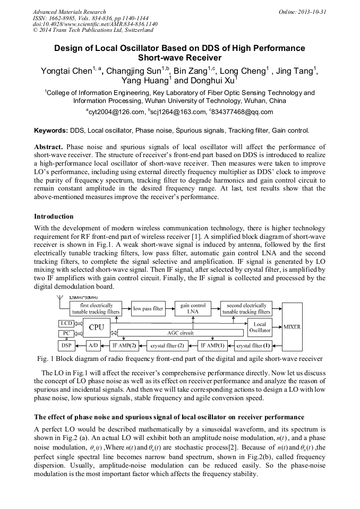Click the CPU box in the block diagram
pyautogui.click(x=96, y=327)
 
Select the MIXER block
pyautogui.click(x=292, y=326)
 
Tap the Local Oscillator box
pyautogui.click(x=260, y=327)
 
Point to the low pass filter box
pyautogui.click(x=148, y=308)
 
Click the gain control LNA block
pyautogui.click(x=193, y=308)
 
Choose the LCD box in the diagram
pyautogui.click(x=66, y=323)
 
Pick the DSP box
pyautogui.click(x=66, y=346)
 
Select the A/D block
pyautogui.click(x=93, y=346)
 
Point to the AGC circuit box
pyautogui.click(x=181, y=333)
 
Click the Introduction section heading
pyautogui.click(x=54, y=217)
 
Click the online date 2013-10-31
pyautogui.click(x=312, y=11)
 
